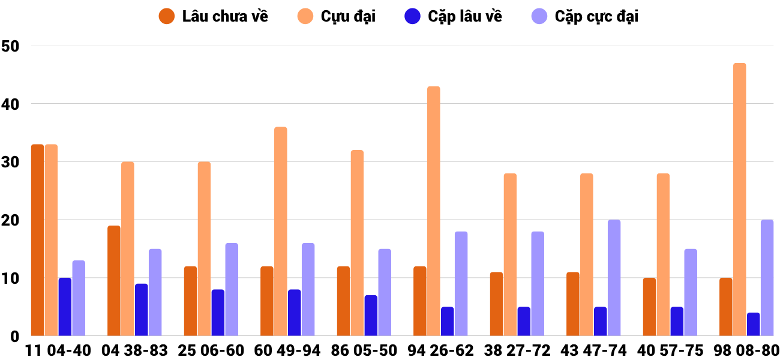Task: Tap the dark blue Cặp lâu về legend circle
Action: [412, 16]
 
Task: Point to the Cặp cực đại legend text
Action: [596, 16]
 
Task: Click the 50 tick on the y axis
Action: [11, 46]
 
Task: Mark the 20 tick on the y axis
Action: [11, 220]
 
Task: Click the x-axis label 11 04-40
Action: [58, 350]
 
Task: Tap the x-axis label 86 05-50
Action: [364, 350]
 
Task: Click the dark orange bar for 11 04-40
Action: [37, 240]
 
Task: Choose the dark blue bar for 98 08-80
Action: [753, 324]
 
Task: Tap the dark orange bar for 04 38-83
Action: [114, 281]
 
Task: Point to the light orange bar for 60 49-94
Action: [280, 232]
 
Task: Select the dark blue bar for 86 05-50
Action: [371, 316]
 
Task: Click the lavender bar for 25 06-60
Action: [232, 289]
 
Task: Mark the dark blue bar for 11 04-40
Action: [65, 307]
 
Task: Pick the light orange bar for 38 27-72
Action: [510, 254]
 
